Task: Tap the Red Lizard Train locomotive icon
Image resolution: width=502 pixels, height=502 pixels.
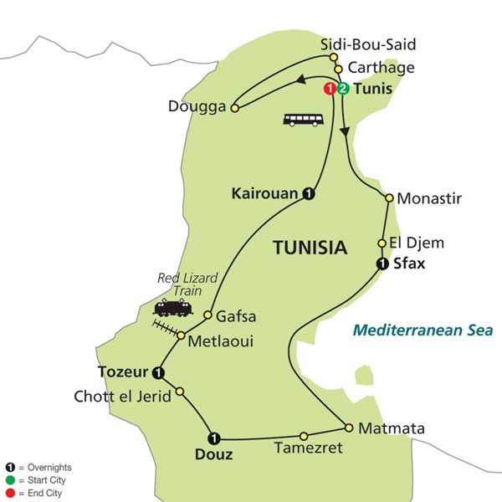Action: click(172, 307)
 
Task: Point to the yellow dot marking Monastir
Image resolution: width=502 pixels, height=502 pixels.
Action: click(389, 198)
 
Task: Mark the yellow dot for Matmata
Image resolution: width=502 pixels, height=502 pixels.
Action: click(349, 426)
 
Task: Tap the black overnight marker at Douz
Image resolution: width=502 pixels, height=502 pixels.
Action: click(214, 437)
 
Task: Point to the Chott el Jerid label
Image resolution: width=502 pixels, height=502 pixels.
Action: click(123, 397)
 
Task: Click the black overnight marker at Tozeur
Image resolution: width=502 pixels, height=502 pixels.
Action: click(156, 372)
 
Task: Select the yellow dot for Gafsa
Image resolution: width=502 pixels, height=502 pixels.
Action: click(209, 315)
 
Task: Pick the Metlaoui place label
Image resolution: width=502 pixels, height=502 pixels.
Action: click(220, 341)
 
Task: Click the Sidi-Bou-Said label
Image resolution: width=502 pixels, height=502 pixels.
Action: click(367, 44)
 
